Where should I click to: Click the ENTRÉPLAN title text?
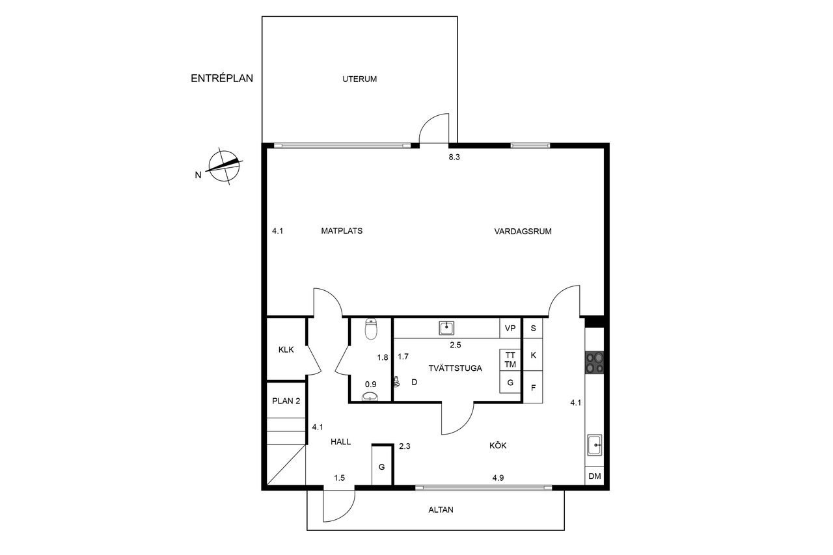222,79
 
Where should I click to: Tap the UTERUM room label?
360,79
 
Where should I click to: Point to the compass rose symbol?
224,166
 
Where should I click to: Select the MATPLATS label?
342,231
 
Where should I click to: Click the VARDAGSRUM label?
523,231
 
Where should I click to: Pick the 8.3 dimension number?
454,157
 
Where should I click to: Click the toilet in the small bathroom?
371,329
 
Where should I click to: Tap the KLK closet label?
286,350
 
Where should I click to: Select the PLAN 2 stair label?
286,401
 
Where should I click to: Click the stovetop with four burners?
594,363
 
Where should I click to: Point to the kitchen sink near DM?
595,445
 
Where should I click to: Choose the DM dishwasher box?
595,476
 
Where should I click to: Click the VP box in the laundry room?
510,328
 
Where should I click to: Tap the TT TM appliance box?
510,360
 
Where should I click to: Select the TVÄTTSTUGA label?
455,368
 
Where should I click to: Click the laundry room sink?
446,328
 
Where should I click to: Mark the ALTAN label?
441,510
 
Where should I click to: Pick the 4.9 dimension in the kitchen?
498,478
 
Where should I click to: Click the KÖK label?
498,446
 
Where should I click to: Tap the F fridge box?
533,387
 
